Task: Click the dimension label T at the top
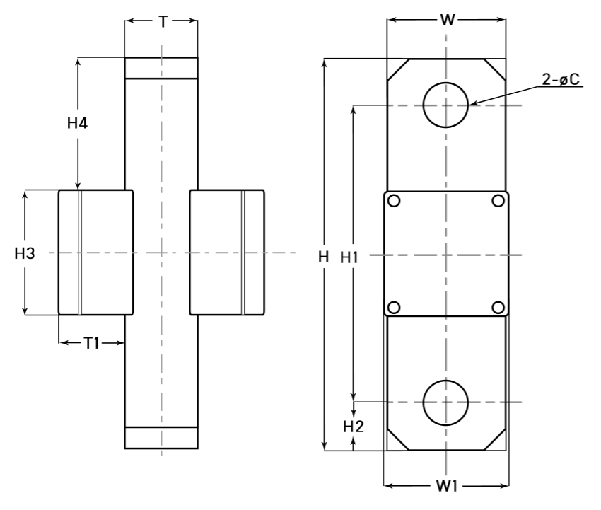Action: (x=162, y=21)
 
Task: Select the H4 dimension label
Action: (x=77, y=123)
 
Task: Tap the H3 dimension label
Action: (x=25, y=253)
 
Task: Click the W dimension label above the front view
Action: (x=446, y=20)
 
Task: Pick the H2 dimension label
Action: (x=353, y=426)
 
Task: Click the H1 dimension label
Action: (x=349, y=257)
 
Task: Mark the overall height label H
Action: (x=323, y=257)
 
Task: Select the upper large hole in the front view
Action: (x=445, y=105)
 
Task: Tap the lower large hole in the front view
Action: (x=445, y=402)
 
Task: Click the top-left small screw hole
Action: (x=394, y=200)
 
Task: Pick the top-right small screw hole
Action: (x=498, y=200)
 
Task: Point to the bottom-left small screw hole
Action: (x=394, y=307)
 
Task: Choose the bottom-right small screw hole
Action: (x=498, y=307)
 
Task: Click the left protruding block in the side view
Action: (x=95, y=253)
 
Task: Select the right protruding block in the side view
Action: (x=226, y=253)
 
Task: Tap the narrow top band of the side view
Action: (x=161, y=68)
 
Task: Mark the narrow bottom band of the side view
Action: (x=161, y=438)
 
